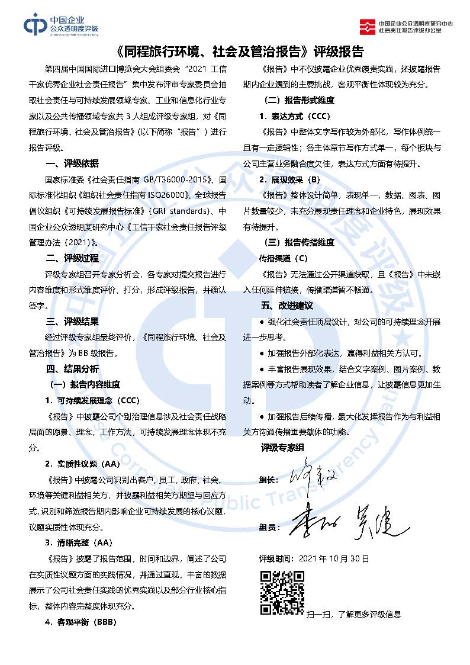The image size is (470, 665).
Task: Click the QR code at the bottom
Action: [x=282, y=593]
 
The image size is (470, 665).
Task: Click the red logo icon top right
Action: [x=368, y=25]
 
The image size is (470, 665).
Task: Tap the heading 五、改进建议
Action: [x=287, y=306]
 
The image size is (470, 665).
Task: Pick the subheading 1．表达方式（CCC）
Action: [x=294, y=115]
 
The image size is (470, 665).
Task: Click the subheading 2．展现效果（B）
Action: [x=289, y=179]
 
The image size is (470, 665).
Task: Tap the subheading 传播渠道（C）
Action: [x=284, y=258]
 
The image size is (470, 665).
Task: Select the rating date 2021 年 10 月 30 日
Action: [x=335, y=558]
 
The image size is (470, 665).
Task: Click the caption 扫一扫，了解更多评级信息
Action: [x=353, y=614]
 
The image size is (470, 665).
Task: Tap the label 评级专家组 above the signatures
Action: [x=282, y=448]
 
